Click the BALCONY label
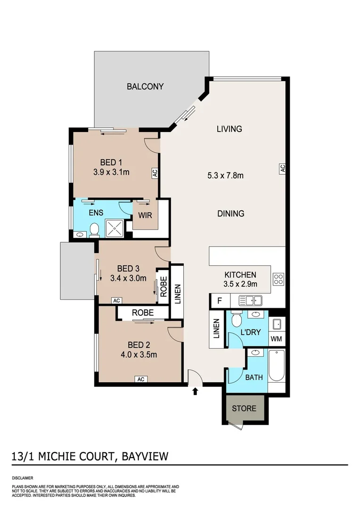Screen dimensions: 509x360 pos(145,86)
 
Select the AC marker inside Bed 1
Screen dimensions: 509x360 pos(154,173)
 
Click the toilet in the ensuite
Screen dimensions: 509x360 pos(94,230)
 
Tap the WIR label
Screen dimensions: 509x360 pos(144,216)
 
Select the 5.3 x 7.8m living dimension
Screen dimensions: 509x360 pos(225,176)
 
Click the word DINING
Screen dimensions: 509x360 pos(230,213)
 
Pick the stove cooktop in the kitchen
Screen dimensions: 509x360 pos(278,279)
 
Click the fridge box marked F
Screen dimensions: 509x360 pos(219,300)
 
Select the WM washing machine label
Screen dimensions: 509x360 pos(276,339)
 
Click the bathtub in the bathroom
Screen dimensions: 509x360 pos(276,366)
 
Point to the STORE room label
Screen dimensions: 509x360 pos(244,408)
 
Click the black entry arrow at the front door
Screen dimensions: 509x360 pos(196,391)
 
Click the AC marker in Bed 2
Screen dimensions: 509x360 pos(140,379)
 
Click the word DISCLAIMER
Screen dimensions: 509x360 pos(23,477)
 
